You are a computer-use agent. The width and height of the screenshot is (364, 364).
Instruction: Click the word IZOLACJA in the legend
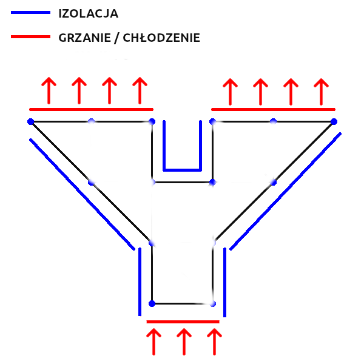[89, 13]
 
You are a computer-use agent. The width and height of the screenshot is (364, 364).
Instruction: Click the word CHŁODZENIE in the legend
[161, 38]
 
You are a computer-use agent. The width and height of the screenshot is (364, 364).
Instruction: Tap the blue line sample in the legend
[30, 12]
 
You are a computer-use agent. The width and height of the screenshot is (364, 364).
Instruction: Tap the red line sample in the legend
[30, 37]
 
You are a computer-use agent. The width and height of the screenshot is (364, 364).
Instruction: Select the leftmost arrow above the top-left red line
[49, 90]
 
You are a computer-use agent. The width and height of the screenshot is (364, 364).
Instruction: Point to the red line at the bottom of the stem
[183, 321]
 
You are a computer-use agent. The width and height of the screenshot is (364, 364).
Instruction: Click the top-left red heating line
[91, 109]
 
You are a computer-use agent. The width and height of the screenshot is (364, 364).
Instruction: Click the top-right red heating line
[273, 109]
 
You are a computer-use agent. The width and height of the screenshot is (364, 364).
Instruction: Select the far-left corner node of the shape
[30, 121]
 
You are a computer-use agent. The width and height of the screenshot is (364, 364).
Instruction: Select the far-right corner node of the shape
[334, 121]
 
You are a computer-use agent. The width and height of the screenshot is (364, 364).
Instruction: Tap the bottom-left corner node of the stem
[152, 303]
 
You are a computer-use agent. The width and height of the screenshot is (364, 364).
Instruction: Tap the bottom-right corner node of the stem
[212, 303]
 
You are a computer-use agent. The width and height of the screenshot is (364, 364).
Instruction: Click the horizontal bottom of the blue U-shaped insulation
[182, 169]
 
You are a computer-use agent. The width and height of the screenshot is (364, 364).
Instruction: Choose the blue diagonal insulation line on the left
[82, 194]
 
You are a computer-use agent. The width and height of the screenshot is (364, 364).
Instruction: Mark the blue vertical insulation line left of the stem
[140, 282]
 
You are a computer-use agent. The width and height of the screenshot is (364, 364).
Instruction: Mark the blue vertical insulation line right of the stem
[224, 282]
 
